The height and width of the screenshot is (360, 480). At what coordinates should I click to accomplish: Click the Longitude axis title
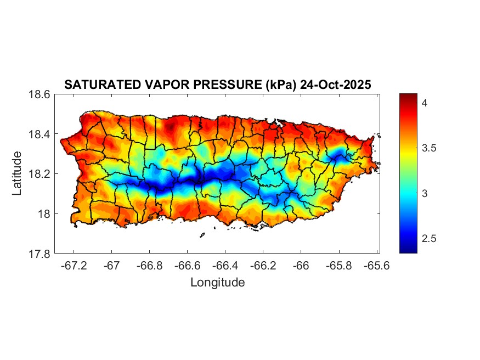click(217, 283)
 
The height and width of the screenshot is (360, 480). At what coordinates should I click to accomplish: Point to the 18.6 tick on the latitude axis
click(39, 94)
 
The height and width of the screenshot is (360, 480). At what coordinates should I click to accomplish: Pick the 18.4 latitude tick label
click(39, 134)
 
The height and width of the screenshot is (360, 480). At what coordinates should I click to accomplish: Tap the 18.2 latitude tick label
click(39, 174)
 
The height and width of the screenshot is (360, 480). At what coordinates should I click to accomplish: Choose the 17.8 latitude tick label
click(39, 254)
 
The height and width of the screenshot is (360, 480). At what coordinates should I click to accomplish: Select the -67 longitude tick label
click(111, 265)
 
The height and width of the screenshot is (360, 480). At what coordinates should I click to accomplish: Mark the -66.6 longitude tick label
click(187, 265)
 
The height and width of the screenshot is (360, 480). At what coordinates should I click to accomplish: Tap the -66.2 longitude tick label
click(263, 265)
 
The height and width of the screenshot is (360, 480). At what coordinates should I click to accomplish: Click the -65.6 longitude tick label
click(376, 265)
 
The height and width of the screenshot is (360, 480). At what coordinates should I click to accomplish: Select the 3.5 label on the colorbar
click(428, 148)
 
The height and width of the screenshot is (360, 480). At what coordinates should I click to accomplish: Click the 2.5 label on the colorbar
click(428, 239)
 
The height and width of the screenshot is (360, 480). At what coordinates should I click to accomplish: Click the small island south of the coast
click(202, 235)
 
